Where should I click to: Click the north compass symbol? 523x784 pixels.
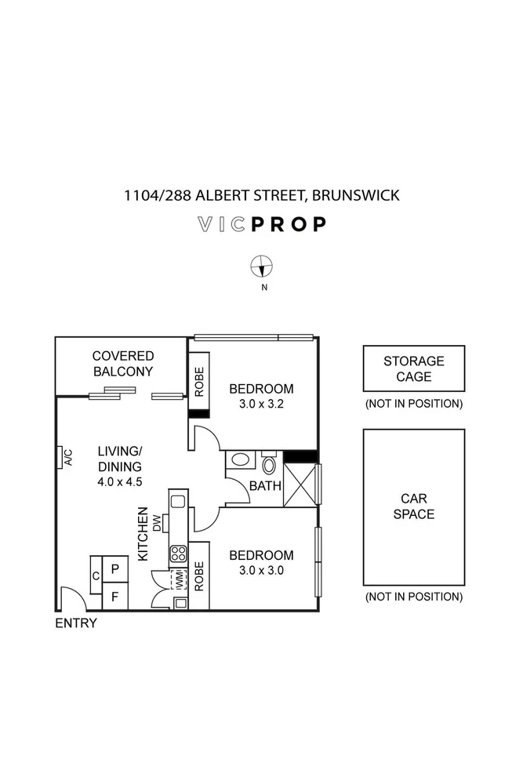[x=261, y=267]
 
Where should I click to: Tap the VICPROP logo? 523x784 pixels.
[x=261, y=225]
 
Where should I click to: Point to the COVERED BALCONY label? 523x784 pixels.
[x=123, y=364]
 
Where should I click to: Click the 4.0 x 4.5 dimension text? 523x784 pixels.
[x=119, y=482]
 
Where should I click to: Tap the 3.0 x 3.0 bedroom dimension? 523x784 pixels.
[x=260, y=571]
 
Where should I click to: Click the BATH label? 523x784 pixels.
[x=265, y=486]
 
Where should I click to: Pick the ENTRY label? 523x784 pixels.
[x=76, y=623]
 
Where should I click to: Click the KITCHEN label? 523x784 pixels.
[x=143, y=533]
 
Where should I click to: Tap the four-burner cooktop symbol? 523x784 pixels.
[x=178, y=554]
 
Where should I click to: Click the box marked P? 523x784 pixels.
[x=114, y=568]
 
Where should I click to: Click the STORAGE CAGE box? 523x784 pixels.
[x=413, y=368]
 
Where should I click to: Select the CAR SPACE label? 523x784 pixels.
[x=413, y=506]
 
